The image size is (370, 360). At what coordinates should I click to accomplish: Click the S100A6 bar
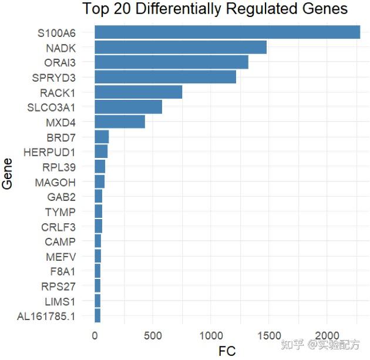click(x=227, y=32)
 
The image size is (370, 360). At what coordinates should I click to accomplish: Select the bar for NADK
click(x=181, y=47)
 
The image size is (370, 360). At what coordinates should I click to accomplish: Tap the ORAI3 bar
click(x=171, y=62)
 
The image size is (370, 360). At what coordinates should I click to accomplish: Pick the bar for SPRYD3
click(x=166, y=77)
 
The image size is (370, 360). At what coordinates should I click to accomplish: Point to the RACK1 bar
click(x=139, y=92)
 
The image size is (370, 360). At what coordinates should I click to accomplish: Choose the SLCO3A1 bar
click(x=129, y=107)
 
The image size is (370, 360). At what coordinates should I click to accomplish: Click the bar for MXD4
click(x=120, y=122)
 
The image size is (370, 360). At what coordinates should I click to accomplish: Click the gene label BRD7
click(x=61, y=138)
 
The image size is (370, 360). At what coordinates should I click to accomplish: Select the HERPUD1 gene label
click(x=49, y=153)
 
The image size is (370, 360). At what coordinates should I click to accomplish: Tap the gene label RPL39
click(x=59, y=167)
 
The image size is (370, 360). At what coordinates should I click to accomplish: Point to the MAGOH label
click(x=55, y=183)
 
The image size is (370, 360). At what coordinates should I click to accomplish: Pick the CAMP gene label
click(x=60, y=242)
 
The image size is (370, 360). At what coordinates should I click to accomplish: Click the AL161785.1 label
click(x=46, y=317)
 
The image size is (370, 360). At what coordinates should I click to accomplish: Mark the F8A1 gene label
click(x=63, y=272)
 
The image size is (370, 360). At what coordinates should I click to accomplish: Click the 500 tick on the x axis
click(x=153, y=336)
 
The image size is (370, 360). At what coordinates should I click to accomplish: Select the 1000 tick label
click(x=211, y=336)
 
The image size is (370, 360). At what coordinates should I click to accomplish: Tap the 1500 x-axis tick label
click(x=269, y=336)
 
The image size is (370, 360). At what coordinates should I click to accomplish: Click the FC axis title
click(x=227, y=351)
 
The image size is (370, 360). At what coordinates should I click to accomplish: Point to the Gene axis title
click(x=7, y=174)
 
